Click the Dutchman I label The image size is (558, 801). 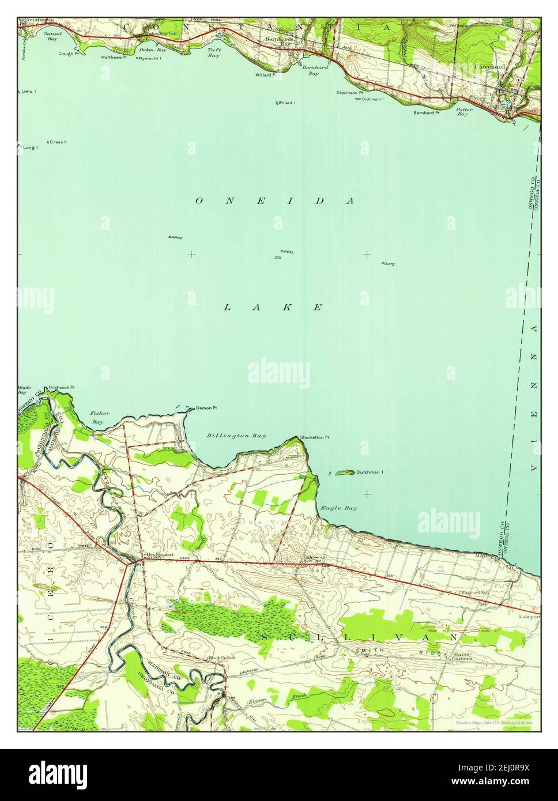[370, 473]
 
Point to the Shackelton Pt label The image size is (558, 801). [315, 437]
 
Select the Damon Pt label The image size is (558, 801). [206, 408]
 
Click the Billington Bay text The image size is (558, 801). [236, 436]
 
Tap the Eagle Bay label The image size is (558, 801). [339, 508]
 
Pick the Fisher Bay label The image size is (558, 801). [97, 418]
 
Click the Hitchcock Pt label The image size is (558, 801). [62, 388]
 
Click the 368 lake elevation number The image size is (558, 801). [278, 258]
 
